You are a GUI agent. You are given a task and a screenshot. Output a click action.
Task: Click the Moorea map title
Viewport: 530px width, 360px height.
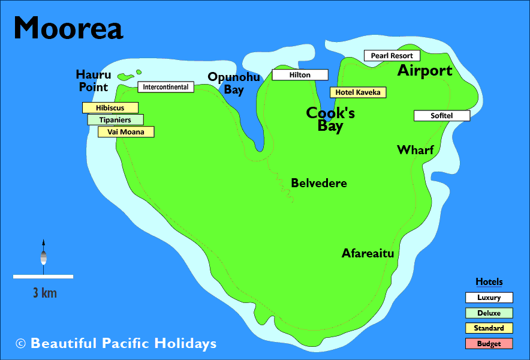[68, 28]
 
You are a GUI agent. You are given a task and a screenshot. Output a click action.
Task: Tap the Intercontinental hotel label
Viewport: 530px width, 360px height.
[165, 87]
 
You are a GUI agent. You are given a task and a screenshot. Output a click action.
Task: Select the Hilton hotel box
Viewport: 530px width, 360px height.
[300, 75]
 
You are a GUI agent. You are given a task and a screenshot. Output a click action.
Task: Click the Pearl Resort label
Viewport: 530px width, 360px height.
[392, 56]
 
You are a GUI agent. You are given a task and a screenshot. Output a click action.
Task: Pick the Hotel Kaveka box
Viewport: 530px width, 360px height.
[358, 92]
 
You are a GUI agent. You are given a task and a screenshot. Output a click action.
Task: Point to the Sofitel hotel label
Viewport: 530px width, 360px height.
[441, 116]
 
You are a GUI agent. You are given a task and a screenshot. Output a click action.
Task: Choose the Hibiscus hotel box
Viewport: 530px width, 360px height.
[110, 108]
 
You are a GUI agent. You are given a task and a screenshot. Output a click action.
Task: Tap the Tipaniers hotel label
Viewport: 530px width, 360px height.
[115, 120]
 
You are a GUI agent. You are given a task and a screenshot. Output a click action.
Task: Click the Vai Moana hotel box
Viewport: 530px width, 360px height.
[126, 132]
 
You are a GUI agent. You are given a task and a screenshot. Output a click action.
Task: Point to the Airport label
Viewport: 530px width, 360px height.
[424, 71]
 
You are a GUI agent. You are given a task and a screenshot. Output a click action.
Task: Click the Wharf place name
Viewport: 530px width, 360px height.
[415, 150]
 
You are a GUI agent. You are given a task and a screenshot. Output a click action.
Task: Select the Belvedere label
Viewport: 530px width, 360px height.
[318, 183]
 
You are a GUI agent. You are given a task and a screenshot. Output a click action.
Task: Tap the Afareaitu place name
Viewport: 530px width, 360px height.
[368, 253]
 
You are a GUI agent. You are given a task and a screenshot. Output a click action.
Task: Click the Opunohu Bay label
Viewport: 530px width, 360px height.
[234, 83]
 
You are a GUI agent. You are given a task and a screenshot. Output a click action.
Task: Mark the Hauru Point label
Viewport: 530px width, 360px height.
[94, 81]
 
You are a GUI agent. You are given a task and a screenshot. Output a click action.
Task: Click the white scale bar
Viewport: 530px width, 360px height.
[43, 277]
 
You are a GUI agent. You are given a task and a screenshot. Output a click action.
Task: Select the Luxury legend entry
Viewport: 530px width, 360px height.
[489, 298]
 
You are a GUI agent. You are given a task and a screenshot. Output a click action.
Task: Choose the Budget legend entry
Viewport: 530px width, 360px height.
[489, 344]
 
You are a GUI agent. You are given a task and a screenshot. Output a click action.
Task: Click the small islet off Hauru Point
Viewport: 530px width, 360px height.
[125, 77]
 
